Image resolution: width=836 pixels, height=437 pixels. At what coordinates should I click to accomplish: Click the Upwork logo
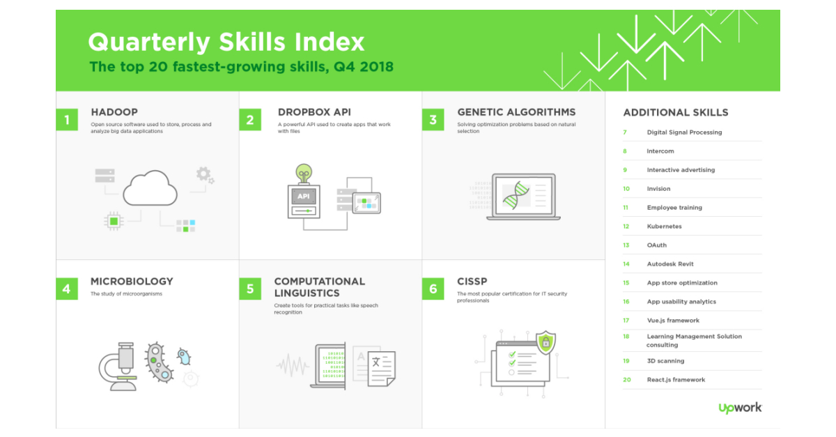tap(741, 408)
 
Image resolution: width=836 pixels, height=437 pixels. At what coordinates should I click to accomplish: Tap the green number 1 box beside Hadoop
tap(67, 119)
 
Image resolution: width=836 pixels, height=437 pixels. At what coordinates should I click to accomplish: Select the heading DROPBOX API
tap(314, 112)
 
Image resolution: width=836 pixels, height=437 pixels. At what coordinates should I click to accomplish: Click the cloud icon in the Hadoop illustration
tap(150, 188)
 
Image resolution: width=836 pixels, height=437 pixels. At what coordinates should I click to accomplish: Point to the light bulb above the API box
tap(304, 174)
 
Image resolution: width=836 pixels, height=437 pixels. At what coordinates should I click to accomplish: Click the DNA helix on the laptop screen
tap(516, 195)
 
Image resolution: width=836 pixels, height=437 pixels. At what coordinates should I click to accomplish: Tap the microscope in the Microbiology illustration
tap(118, 367)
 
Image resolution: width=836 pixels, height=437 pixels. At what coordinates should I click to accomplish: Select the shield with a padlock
tap(546, 342)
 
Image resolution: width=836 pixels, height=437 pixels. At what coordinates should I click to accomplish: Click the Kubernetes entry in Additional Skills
tap(664, 227)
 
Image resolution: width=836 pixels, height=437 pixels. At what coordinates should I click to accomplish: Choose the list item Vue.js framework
tap(673, 321)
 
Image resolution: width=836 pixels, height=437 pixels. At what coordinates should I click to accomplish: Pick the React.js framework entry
tap(676, 380)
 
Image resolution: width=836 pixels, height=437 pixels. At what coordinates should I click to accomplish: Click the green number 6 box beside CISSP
tap(433, 289)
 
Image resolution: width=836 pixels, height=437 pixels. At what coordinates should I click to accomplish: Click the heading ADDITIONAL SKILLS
tap(676, 112)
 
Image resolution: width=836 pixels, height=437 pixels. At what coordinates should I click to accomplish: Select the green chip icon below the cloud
tap(114, 221)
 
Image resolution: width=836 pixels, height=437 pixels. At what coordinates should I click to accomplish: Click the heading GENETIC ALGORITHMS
tap(516, 112)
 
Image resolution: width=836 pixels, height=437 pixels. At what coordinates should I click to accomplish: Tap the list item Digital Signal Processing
tap(684, 132)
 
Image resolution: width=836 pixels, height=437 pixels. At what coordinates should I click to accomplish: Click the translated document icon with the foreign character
tap(382, 369)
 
